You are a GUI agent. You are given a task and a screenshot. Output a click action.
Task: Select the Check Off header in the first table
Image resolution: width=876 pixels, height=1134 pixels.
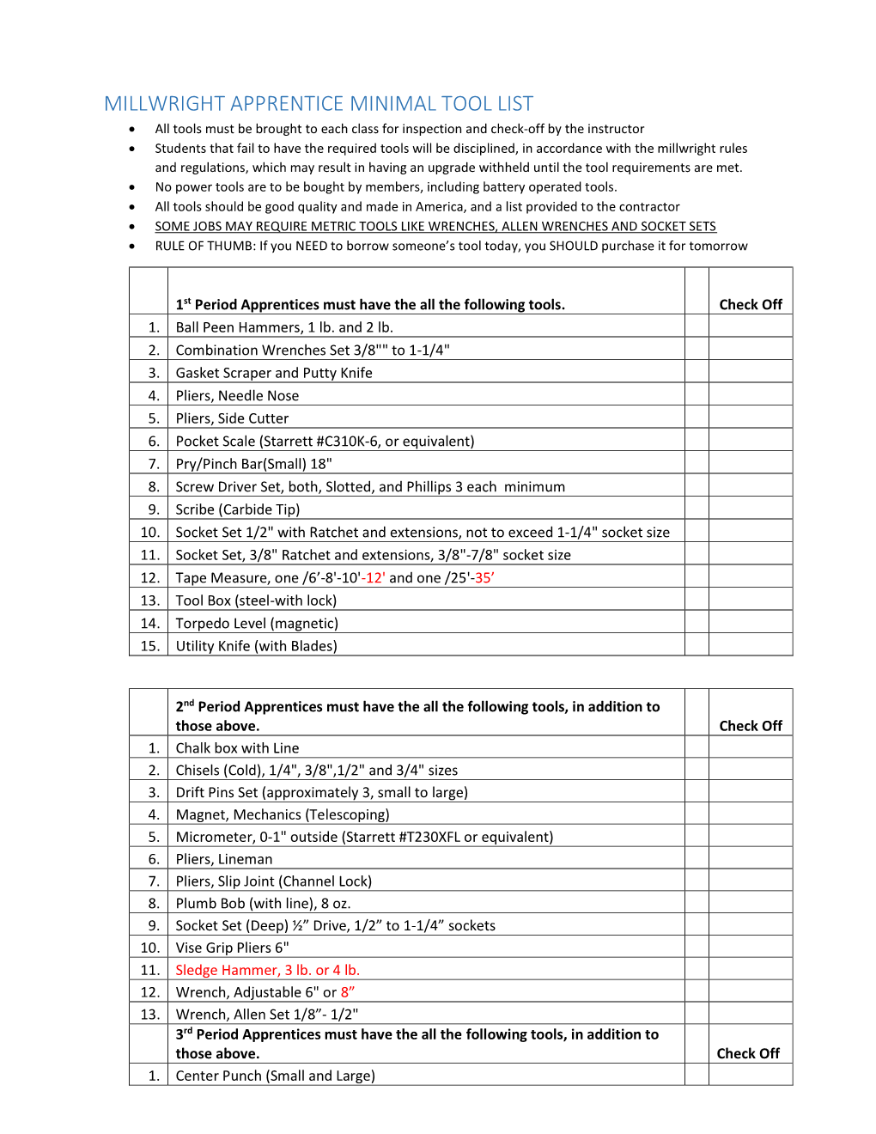pos(750,304)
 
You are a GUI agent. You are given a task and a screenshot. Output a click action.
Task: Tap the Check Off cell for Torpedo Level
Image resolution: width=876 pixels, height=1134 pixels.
pos(750,623)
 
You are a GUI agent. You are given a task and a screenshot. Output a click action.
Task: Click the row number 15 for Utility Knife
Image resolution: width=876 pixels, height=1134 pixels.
pos(149,646)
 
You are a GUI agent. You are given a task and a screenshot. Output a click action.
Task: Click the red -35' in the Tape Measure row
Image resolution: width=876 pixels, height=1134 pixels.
pos(484,577)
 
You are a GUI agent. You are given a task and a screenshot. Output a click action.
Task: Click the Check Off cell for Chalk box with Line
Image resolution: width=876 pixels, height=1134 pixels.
pos(750,747)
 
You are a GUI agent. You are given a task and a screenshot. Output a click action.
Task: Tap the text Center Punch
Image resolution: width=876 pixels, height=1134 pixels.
pos(218,1076)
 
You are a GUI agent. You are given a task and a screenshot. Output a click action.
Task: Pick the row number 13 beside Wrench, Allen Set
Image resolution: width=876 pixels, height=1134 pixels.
pos(149,1014)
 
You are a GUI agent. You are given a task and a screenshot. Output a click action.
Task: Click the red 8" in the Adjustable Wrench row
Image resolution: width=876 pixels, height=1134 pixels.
pos(347,992)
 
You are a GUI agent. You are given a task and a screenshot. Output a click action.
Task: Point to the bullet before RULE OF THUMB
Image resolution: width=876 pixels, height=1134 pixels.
pos(132,247)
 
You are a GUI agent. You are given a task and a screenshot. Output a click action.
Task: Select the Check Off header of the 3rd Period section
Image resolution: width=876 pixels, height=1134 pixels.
pos(747,1053)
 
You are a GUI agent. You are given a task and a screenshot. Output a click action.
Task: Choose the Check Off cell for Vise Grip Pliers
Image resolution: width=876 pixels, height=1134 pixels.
pos(750,948)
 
